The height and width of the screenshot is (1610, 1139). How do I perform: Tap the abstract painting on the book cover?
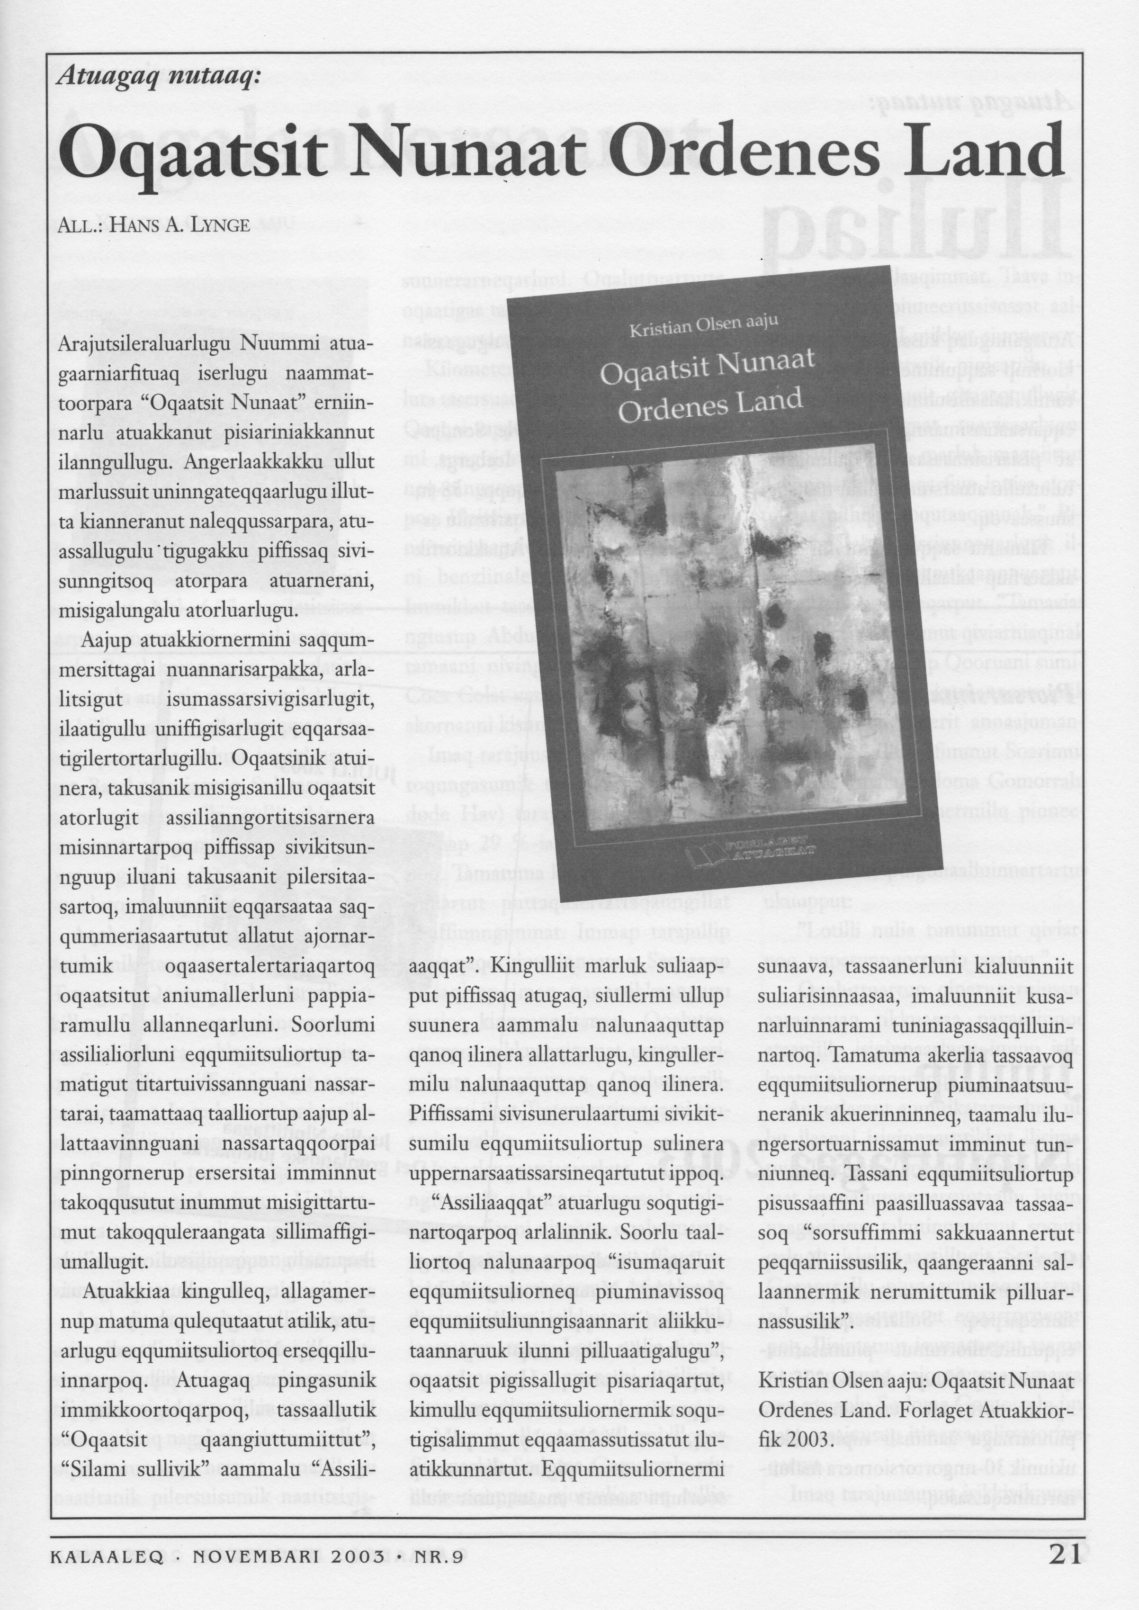(x=736, y=631)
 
